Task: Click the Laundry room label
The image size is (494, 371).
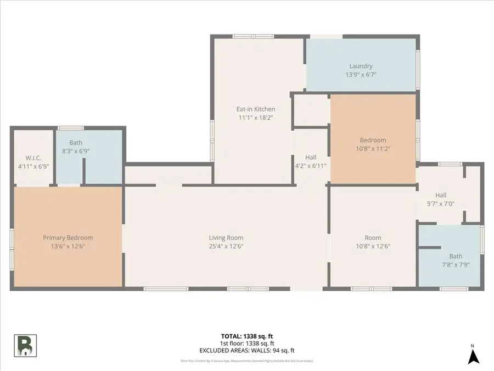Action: [x=361, y=66]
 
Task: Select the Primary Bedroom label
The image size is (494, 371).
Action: [x=68, y=237]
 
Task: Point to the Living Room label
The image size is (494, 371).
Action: [x=226, y=237]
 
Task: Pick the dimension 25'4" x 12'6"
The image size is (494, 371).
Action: [x=226, y=246]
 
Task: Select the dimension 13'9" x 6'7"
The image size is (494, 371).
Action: [x=361, y=75]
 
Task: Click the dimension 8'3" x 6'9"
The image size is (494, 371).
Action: [x=76, y=151]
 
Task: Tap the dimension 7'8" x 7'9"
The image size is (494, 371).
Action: [x=456, y=264]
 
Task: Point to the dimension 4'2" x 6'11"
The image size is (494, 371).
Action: [x=311, y=165]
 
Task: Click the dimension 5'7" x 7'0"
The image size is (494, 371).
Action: [x=441, y=203]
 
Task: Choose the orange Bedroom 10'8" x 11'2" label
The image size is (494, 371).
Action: [x=373, y=140]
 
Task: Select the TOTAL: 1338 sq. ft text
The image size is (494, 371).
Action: [x=247, y=335]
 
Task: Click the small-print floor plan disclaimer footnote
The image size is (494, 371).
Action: [x=247, y=361]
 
